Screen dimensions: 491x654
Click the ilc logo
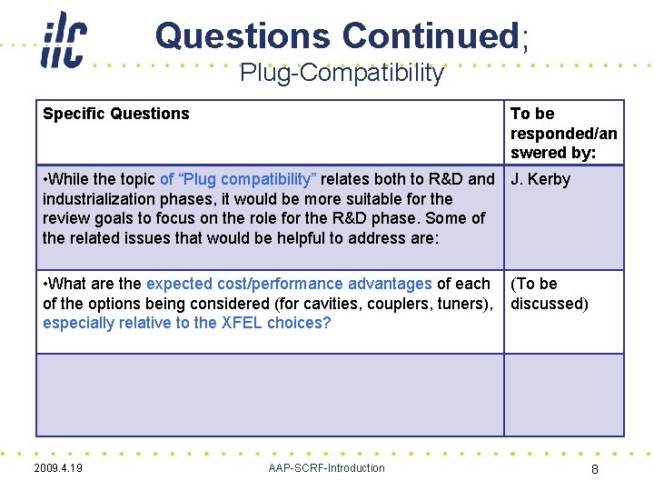pos(64,39)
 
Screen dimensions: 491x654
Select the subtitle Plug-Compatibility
pos(342,73)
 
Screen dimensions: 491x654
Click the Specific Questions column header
pos(116,114)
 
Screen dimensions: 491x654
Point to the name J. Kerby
pos(540,179)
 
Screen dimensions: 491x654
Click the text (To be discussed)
pos(549,294)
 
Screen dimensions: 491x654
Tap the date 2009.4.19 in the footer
pos(58,468)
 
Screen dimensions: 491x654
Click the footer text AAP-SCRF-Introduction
pos(326,468)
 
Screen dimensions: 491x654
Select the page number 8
pos(594,470)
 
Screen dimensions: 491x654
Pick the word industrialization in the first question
pos(95,198)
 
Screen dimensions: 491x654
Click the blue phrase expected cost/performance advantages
pos(289,284)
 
